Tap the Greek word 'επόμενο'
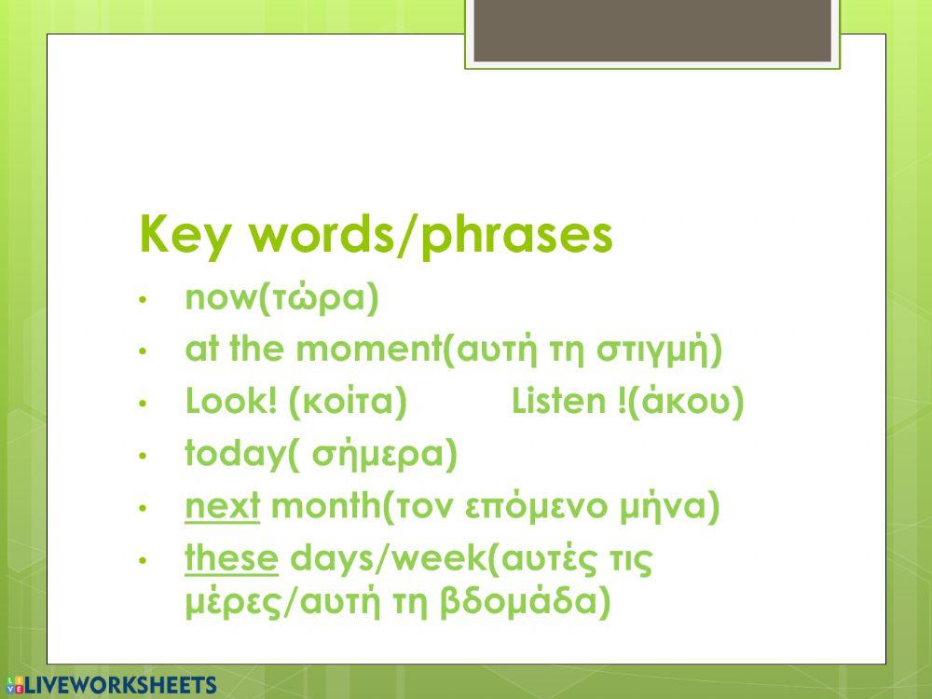pyautogui.click(x=550, y=509)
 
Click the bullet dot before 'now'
pyautogui.click(x=143, y=300)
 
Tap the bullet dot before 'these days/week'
pyautogui.click(x=143, y=561)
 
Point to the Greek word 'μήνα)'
pyautogui.click(x=671, y=509)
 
